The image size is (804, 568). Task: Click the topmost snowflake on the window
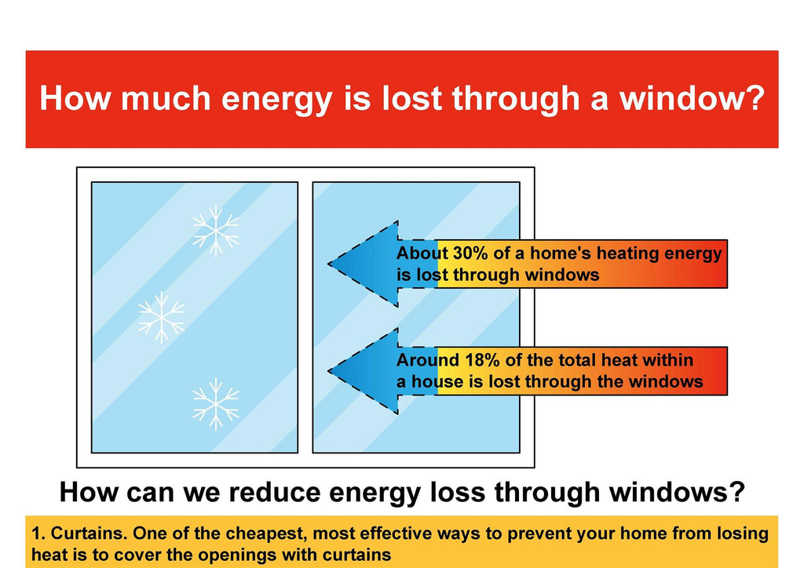point(216,231)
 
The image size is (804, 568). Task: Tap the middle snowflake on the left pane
point(162,318)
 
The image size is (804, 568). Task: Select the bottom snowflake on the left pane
point(216,404)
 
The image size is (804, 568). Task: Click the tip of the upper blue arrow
point(329,264)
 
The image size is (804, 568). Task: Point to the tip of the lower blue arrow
point(329,371)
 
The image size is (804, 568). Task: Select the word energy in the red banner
point(277,100)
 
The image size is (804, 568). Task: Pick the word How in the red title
point(75,98)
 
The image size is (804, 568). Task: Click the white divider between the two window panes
point(305,318)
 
